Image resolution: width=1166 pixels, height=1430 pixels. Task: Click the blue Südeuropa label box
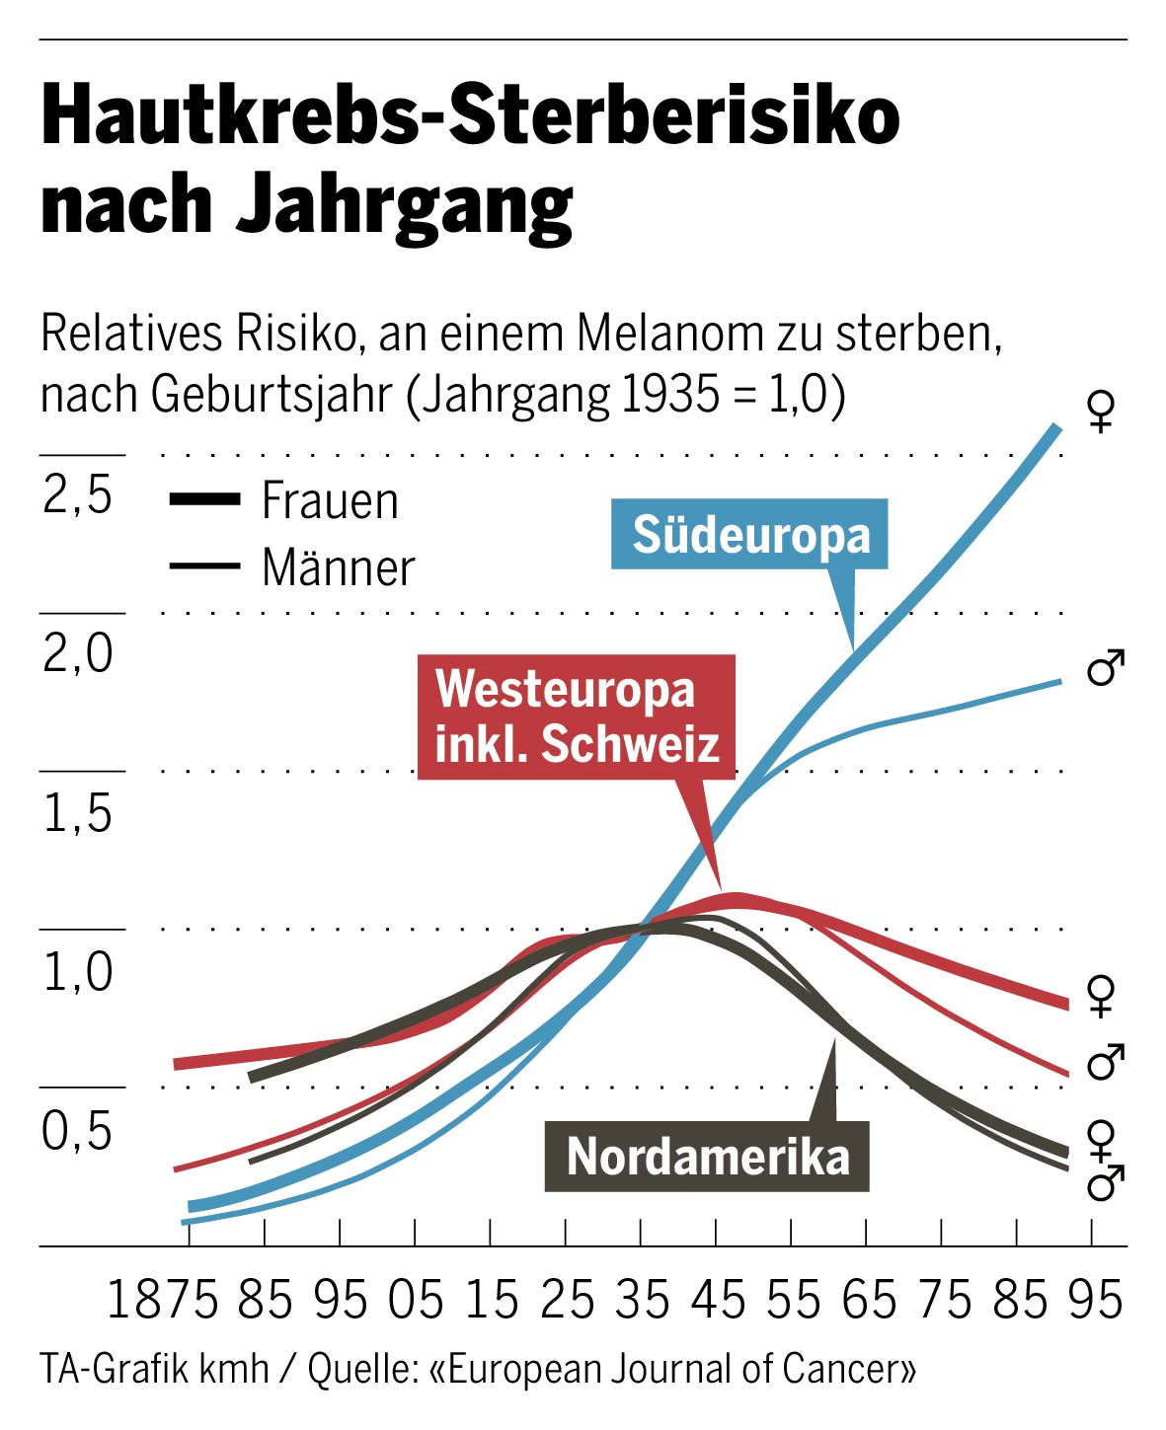click(x=749, y=535)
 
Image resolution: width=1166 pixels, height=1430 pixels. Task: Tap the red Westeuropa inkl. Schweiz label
click(x=576, y=716)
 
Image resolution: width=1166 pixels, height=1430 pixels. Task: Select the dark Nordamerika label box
click(x=707, y=1156)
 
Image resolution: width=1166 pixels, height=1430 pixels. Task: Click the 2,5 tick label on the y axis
click(x=78, y=494)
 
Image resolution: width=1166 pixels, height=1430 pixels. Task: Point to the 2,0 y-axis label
click(x=78, y=653)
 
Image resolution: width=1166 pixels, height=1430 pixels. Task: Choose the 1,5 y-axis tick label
click(x=78, y=812)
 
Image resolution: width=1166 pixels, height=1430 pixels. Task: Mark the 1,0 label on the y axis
click(x=78, y=971)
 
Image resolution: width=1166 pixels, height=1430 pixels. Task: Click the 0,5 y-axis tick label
click(x=78, y=1130)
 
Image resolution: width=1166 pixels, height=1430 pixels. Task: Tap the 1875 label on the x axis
click(x=162, y=1300)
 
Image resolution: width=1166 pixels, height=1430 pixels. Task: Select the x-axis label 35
click(x=642, y=1300)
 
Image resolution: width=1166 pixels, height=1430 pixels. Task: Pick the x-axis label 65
click(x=868, y=1300)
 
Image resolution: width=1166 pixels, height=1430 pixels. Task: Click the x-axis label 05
click(x=416, y=1300)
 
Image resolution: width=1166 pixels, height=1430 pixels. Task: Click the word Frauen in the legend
click(x=330, y=501)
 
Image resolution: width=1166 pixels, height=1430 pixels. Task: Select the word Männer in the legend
click(x=338, y=567)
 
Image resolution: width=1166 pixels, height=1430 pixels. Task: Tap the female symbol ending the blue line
click(x=1101, y=411)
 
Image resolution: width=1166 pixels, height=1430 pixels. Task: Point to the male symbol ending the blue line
click(x=1105, y=669)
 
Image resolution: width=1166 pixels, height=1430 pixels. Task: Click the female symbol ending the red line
click(x=1101, y=995)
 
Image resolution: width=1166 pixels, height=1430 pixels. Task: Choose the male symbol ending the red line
click(x=1105, y=1062)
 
